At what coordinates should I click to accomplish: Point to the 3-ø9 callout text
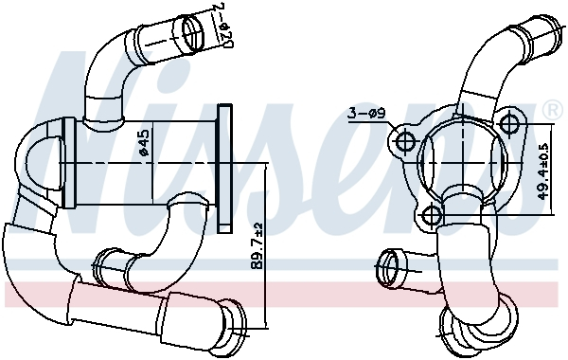[x=365, y=116]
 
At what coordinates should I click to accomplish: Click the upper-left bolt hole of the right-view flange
[x=404, y=143]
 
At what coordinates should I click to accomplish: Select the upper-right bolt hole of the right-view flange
[x=511, y=123]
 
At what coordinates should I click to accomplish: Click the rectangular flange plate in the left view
[x=224, y=167]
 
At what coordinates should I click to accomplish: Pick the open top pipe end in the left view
[x=193, y=33]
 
